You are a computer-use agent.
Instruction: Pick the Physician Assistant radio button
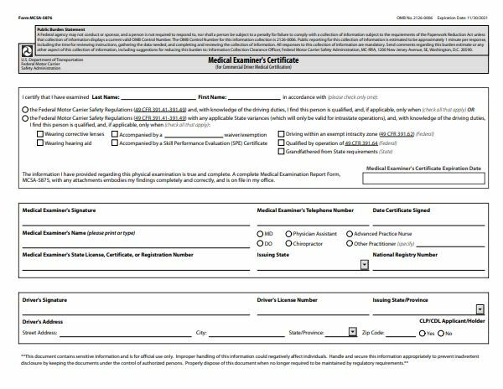(289, 233)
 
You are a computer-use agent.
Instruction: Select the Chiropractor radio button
(289, 243)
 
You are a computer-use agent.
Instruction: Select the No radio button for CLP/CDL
(440, 333)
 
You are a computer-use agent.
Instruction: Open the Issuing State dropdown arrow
(364, 264)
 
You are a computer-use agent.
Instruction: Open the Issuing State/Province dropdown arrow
(479, 309)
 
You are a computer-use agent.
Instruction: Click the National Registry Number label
(404, 253)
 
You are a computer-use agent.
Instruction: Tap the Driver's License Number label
(287, 298)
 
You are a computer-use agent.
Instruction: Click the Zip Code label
(373, 333)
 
